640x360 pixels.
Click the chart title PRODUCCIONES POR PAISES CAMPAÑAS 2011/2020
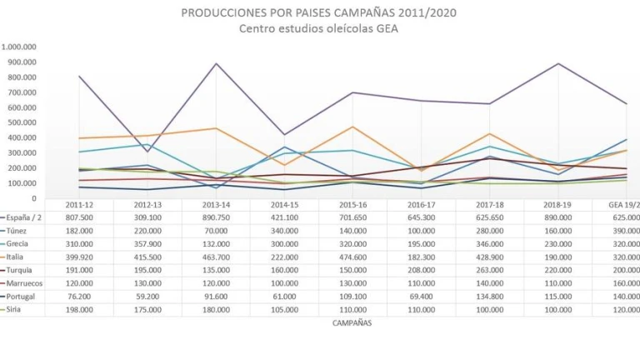click(x=319, y=13)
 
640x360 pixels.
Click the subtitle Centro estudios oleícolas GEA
click(x=319, y=28)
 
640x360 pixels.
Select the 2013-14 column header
click(x=216, y=204)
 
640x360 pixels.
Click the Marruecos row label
click(x=25, y=283)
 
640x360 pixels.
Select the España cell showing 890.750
click(x=216, y=217)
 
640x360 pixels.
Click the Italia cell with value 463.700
click(x=216, y=257)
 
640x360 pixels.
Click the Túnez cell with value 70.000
click(x=216, y=229)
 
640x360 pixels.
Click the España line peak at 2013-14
click(x=216, y=63)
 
